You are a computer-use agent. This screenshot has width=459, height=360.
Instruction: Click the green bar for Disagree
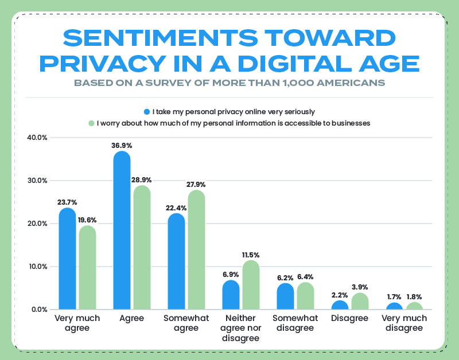(x=360, y=302)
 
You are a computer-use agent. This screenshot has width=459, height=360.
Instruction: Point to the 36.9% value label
(x=122, y=146)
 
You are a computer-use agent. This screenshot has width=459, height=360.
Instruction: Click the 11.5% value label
(x=251, y=255)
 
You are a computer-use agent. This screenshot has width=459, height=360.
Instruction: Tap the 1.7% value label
(x=394, y=297)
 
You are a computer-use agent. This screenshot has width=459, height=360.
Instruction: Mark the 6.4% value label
(x=306, y=277)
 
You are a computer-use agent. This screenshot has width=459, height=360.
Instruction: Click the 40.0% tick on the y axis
(x=37, y=138)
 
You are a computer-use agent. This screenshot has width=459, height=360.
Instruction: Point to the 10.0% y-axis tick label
(x=37, y=267)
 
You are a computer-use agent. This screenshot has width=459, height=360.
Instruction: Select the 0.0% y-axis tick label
(x=38, y=310)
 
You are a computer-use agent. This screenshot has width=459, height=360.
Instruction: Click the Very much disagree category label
(x=404, y=323)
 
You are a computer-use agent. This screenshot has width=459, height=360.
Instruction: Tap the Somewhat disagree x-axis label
(x=295, y=323)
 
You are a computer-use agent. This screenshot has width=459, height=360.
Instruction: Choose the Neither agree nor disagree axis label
(x=241, y=328)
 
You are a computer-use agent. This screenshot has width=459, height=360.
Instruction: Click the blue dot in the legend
(x=147, y=111)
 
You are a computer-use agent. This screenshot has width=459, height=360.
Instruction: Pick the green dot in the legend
(x=91, y=123)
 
